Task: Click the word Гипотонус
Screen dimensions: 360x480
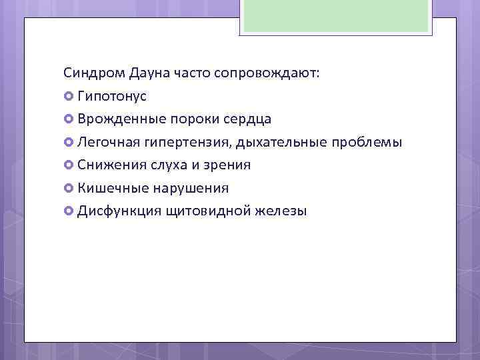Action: (x=112, y=96)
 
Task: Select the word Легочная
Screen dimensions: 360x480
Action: (x=107, y=143)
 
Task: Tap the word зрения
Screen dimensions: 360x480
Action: (x=227, y=165)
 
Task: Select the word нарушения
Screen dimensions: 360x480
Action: (x=191, y=188)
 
